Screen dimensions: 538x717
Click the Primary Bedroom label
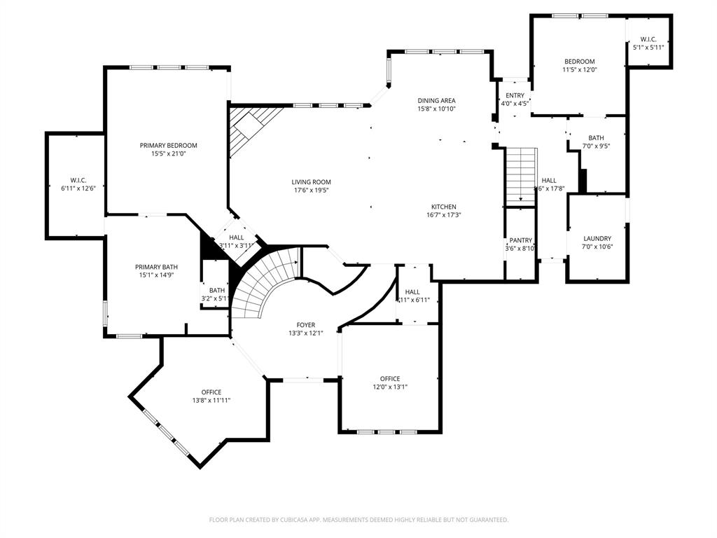pyautogui.click(x=168, y=145)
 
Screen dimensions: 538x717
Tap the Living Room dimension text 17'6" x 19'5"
pyautogui.click(x=312, y=191)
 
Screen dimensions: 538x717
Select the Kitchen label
pyautogui.click(x=443, y=207)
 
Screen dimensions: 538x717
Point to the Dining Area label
pyautogui.click(x=436, y=100)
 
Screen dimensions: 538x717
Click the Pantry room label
pyautogui.click(x=520, y=240)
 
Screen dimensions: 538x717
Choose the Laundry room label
pyautogui.click(x=597, y=238)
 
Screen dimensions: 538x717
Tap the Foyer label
pyautogui.click(x=306, y=325)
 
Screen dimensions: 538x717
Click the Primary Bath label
pyautogui.click(x=156, y=267)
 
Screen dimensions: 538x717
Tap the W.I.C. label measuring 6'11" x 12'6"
pyautogui.click(x=78, y=180)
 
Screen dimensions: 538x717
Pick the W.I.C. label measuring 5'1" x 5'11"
pyautogui.click(x=648, y=39)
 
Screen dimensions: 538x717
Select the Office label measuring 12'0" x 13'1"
pyautogui.click(x=390, y=378)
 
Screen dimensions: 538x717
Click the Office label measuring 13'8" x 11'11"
pyautogui.click(x=211, y=392)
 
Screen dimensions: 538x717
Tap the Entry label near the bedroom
pyautogui.click(x=515, y=95)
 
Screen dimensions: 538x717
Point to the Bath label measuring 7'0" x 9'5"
pyautogui.click(x=596, y=138)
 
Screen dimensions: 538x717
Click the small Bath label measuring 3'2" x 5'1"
pyautogui.click(x=217, y=290)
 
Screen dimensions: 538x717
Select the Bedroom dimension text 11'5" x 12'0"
pyautogui.click(x=579, y=70)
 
